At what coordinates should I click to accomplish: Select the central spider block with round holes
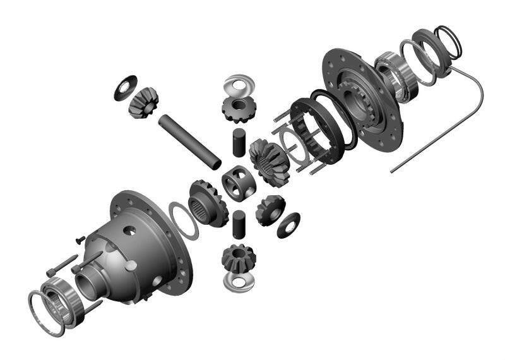tap(240, 183)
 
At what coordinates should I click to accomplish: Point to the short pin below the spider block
tap(239, 224)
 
